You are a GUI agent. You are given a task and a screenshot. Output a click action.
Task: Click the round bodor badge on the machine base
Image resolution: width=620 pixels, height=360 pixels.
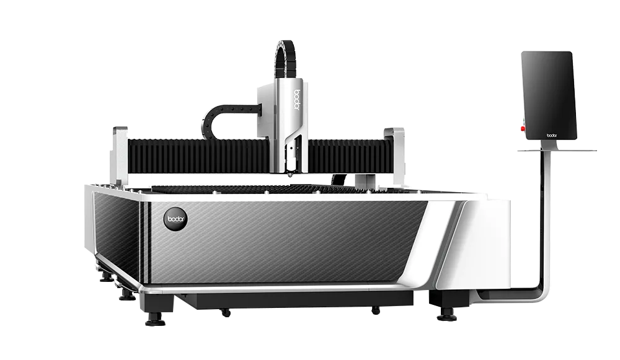pos(173,218)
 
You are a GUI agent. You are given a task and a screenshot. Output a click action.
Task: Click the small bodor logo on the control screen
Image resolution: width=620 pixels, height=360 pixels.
pos(552,132)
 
